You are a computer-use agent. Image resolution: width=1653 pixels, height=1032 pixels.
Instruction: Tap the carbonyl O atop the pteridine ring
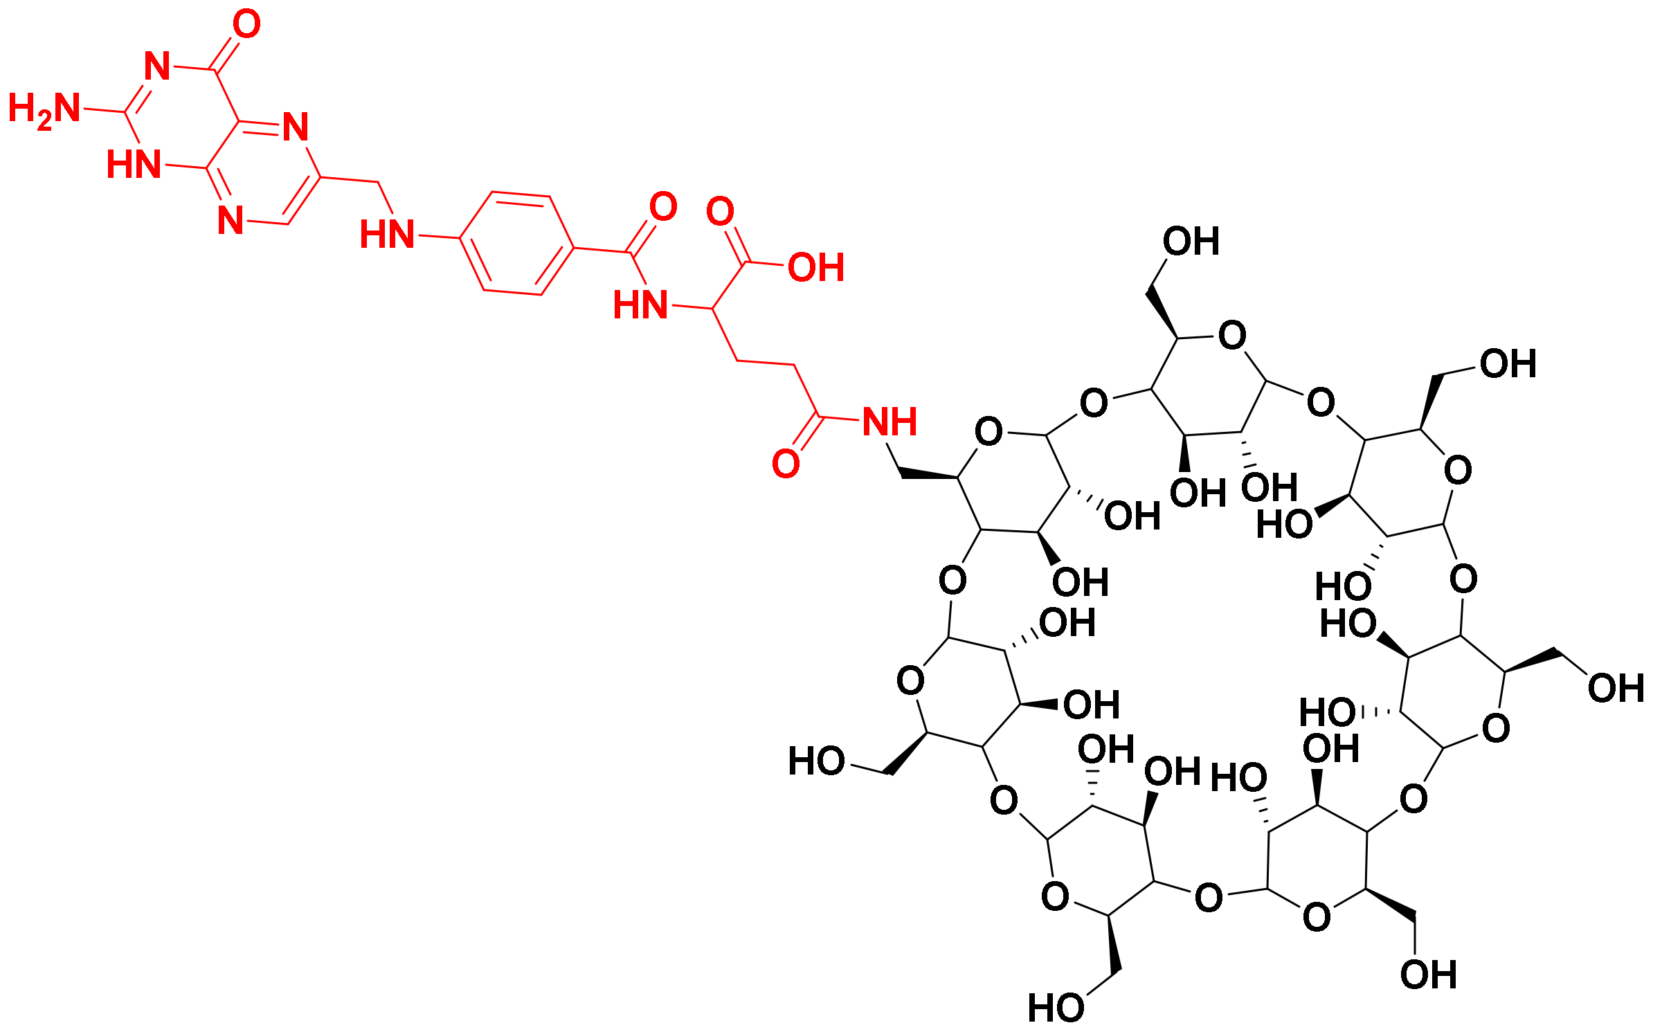246,24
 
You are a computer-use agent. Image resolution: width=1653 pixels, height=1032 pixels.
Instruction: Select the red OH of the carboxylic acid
816,268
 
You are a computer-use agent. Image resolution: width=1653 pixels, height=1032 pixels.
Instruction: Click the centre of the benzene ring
517,243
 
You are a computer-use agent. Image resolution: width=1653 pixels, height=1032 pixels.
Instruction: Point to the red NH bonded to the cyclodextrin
890,422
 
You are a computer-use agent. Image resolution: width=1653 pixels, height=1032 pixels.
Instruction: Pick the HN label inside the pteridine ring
134,165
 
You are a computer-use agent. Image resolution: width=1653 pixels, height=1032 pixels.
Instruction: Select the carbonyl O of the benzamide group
663,206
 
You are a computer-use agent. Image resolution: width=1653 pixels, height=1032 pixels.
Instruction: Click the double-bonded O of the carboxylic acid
720,211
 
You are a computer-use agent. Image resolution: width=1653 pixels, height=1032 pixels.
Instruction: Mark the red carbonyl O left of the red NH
786,463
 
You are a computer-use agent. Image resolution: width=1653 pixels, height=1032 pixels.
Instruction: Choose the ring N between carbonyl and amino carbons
158,66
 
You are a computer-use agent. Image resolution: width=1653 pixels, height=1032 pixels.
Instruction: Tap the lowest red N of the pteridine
231,220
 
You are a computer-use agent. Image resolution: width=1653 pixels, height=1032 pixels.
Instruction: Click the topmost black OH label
1191,242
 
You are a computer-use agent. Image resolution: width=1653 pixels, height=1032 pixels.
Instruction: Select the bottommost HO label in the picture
1056,1008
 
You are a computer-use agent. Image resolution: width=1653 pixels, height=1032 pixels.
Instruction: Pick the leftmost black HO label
817,761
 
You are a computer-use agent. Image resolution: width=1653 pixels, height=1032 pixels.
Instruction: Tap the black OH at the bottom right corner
1428,975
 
